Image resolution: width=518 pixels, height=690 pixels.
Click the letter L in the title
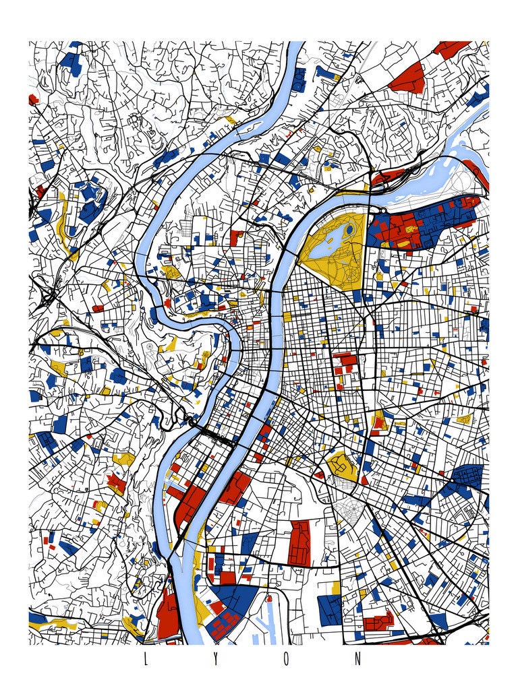click(x=144, y=660)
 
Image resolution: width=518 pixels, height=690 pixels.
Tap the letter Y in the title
click(x=216, y=660)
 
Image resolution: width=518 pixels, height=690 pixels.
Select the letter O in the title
click(x=287, y=660)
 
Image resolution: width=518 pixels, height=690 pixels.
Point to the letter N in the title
click(x=358, y=660)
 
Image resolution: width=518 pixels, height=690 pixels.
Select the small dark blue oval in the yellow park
click(x=349, y=230)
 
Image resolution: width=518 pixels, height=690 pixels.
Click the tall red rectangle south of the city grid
click(x=299, y=542)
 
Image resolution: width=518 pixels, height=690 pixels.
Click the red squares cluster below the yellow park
click(x=345, y=364)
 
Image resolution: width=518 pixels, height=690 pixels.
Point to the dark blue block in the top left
click(x=69, y=61)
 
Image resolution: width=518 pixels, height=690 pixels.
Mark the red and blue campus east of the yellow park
click(x=422, y=222)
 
